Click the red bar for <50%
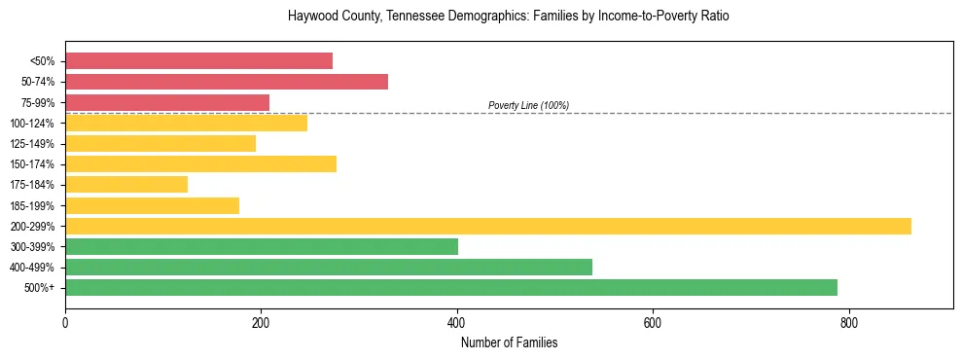point(198,61)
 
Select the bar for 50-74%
point(227,82)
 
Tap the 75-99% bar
point(167,102)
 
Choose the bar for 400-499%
point(329,267)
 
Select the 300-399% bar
point(262,246)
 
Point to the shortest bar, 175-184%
point(126,185)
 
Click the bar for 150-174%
point(200,163)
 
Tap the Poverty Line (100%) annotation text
point(528,105)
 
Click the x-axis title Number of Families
point(509,342)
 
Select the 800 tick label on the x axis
point(848,323)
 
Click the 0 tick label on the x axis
point(65,323)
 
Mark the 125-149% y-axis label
point(32,144)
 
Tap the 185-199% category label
point(32,205)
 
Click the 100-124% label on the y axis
point(32,124)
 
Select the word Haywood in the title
point(312,17)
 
